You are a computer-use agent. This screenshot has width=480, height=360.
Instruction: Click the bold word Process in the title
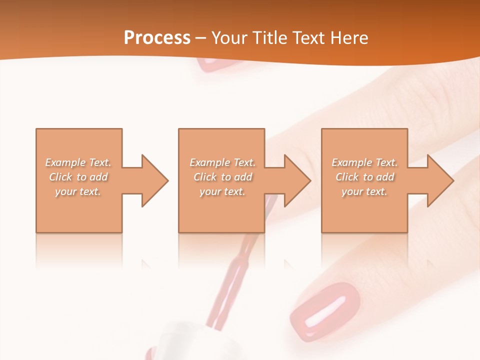point(157,37)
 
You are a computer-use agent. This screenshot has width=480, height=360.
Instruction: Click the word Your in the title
point(228,38)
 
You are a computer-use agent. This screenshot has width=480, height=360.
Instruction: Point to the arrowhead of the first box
point(152,180)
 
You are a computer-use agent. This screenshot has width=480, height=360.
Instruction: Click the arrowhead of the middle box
point(295,180)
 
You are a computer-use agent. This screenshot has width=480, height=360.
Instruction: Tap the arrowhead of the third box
point(438,180)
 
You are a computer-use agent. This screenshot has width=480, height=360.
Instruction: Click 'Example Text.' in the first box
point(78,162)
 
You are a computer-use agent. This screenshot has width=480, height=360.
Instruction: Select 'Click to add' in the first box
point(78,177)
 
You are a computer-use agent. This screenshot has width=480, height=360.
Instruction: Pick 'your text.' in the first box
point(78,191)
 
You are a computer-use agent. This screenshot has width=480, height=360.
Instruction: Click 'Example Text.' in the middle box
point(222,162)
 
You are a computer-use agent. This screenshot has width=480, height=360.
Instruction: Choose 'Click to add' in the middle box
point(222,177)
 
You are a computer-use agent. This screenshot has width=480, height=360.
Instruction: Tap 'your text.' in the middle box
point(222,191)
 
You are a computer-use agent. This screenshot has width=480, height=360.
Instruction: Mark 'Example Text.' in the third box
point(364,162)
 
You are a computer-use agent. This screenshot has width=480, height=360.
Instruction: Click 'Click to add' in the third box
point(365,177)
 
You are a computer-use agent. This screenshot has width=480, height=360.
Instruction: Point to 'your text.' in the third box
point(364,191)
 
